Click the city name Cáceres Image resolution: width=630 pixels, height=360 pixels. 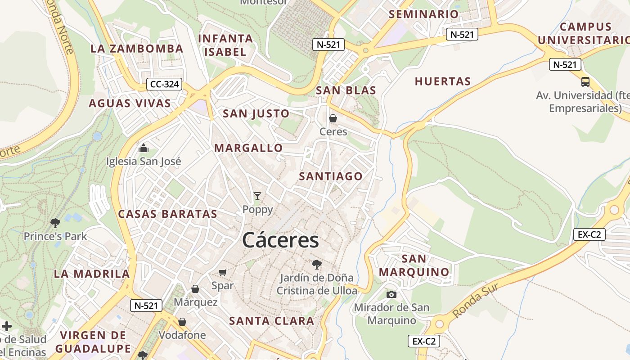click(280, 240)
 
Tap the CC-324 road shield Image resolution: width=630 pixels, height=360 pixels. click(164, 84)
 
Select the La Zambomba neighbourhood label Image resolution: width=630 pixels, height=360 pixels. click(137, 49)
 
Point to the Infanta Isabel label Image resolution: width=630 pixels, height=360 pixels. click(225, 45)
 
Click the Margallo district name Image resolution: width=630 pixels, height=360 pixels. click(248, 148)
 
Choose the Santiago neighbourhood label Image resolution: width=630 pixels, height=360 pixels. click(331, 176)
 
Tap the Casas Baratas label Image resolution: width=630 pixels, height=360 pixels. click(167, 214)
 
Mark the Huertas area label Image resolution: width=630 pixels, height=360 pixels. click(442, 81)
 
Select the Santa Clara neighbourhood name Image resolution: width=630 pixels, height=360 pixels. click(271, 321)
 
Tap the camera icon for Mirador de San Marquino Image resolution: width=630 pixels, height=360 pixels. click(391, 294)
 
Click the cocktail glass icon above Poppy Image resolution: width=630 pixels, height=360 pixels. click(257, 196)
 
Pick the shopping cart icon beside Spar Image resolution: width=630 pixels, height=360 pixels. click(222, 272)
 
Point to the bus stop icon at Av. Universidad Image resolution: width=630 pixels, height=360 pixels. click(585, 82)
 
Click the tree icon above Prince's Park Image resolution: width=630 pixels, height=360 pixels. click(55, 223)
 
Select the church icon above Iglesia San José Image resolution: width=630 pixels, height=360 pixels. click(144, 148)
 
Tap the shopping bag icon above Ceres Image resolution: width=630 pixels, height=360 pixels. click(333, 118)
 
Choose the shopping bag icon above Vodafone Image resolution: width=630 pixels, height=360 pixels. click(182, 322)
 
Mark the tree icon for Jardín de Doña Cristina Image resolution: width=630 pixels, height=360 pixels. click(317, 264)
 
